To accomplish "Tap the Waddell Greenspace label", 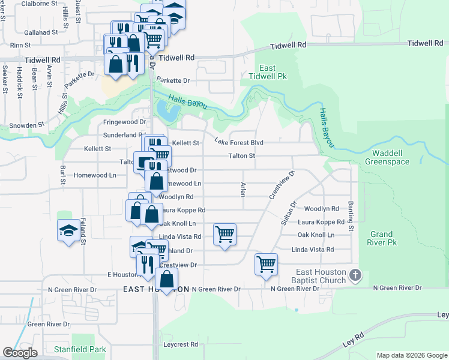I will pos(387,157).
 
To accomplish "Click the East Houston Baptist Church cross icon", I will pos(355,276).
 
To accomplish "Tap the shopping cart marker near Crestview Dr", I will pos(266,263).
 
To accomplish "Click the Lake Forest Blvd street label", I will pos(240,142).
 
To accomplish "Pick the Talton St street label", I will pos(242,156).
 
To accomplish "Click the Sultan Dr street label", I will pos(289,213).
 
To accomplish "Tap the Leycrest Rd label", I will pos(180,344).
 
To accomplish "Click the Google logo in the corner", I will pos(20,353).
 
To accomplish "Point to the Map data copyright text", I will pos(411,355).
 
